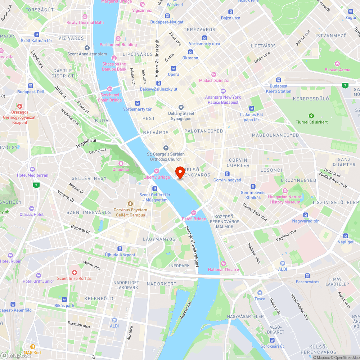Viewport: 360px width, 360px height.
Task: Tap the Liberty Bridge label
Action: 157,177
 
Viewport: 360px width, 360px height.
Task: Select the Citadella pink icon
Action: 121,163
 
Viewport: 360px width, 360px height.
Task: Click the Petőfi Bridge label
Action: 194,219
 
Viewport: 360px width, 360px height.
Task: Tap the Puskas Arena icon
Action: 337,63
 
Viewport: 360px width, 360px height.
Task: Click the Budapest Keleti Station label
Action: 279,89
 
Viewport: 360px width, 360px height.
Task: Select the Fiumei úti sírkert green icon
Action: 311,116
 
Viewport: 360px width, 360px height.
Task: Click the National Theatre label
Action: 223,270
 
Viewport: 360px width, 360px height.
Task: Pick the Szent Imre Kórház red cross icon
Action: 75,273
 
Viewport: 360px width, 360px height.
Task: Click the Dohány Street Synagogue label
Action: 181,116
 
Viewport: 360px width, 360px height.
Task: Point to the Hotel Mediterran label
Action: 32,175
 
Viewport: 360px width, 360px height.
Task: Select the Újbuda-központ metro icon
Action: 120,249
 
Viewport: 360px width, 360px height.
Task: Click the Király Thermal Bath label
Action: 85,22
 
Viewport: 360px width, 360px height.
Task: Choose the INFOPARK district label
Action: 179,266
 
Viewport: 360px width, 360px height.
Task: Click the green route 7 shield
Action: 36,185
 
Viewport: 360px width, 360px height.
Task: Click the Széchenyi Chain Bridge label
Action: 110,97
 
